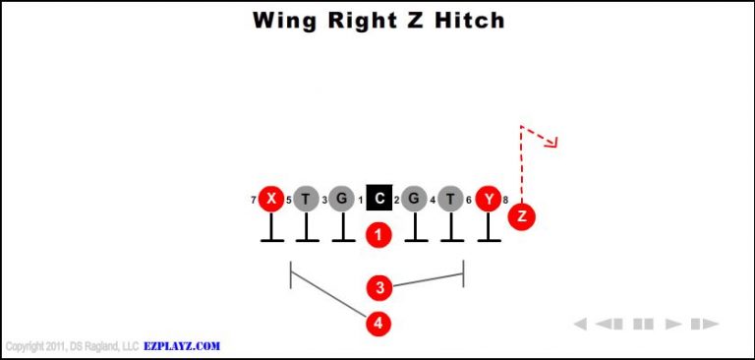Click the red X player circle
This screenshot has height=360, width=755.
(270, 200)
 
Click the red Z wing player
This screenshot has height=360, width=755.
(522, 215)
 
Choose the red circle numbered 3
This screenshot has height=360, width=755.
(379, 287)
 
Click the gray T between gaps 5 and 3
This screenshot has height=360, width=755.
(307, 200)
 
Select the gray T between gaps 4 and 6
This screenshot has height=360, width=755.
(451, 200)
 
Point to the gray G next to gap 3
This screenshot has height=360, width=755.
(341, 200)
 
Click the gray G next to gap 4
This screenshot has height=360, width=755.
(415, 200)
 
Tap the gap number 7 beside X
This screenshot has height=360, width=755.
(253, 201)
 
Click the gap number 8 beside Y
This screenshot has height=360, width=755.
(505, 201)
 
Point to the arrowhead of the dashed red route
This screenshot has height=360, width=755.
(553, 144)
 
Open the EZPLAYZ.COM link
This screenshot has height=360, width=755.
(183, 346)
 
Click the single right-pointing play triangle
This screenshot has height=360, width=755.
(673, 324)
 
